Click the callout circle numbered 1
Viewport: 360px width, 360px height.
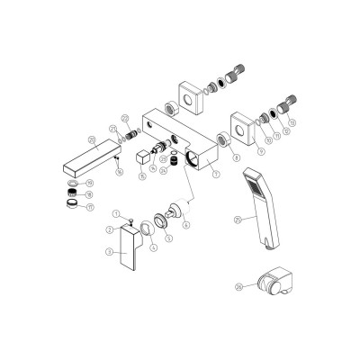[116, 213]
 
